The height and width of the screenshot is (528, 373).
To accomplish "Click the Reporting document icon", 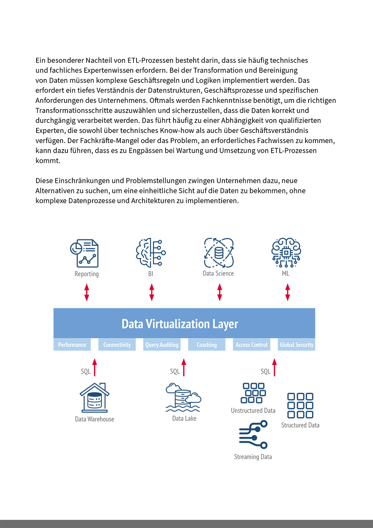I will (84, 253).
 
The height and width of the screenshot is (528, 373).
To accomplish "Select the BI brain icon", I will (151, 252).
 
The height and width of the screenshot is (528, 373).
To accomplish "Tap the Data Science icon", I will (219, 253).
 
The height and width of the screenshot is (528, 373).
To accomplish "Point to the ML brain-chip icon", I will (286, 252).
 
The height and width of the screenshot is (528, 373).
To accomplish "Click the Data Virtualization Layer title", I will (180, 324).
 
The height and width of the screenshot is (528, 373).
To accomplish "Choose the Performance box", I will (72, 345).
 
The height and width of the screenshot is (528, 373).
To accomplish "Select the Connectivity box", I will (117, 345).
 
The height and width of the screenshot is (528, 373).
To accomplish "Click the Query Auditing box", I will (162, 345).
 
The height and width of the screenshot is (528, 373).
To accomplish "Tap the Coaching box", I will (207, 345).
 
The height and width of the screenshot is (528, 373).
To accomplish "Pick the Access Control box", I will (252, 345).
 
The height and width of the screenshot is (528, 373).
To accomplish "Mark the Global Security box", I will (297, 345).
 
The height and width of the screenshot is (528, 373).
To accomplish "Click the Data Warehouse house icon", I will (94, 398).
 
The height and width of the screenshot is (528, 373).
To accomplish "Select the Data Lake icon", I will (183, 397).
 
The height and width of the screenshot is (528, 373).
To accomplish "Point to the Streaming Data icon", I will (253, 434).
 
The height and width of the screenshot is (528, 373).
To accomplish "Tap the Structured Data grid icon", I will (300, 406).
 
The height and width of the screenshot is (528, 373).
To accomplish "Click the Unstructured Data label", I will (253, 410).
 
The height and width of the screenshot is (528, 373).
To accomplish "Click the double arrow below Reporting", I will (87, 292).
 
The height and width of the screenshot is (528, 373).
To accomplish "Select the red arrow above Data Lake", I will (184, 367).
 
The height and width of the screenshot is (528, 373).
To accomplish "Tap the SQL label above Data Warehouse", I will (86, 371).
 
